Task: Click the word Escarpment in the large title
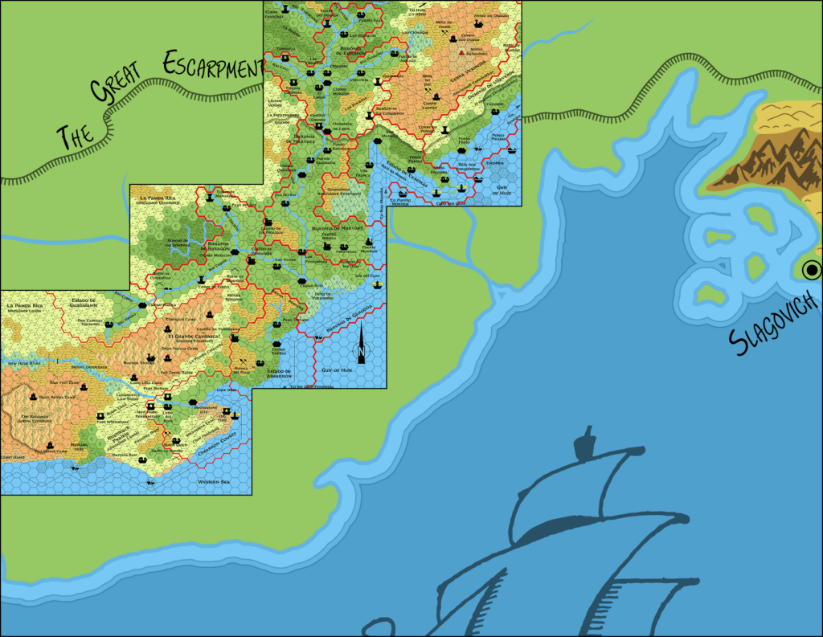[212, 68]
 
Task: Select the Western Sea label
[214, 481]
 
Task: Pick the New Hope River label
[24, 363]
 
